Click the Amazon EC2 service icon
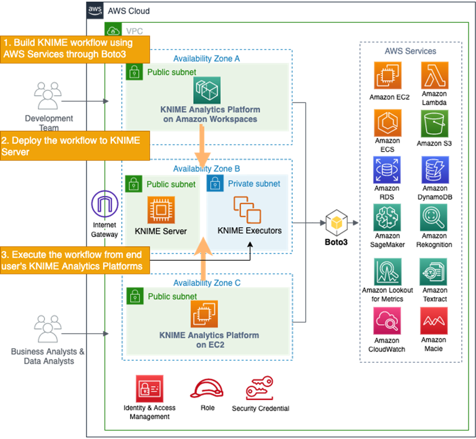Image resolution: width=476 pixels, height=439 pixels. (388, 76)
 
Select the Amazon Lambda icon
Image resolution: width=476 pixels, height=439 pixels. (434, 76)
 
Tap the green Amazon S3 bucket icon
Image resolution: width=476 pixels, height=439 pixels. (434, 123)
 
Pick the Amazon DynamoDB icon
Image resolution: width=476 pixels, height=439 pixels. (434, 170)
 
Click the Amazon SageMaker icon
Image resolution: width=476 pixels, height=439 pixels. (388, 217)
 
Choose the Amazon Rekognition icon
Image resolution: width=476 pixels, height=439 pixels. (434, 217)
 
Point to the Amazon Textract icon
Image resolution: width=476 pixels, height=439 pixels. (434, 272)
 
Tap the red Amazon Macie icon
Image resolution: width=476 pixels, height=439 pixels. (434, 321)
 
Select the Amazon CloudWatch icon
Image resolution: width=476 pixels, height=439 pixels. (388, 321)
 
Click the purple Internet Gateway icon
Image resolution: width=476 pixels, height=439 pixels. (105, 205)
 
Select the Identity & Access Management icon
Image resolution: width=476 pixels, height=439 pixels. (149, 389)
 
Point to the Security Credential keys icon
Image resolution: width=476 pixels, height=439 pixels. (259, 389)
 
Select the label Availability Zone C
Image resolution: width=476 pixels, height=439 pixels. (206, 283)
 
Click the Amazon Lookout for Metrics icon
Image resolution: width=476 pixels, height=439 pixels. (388, 272)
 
